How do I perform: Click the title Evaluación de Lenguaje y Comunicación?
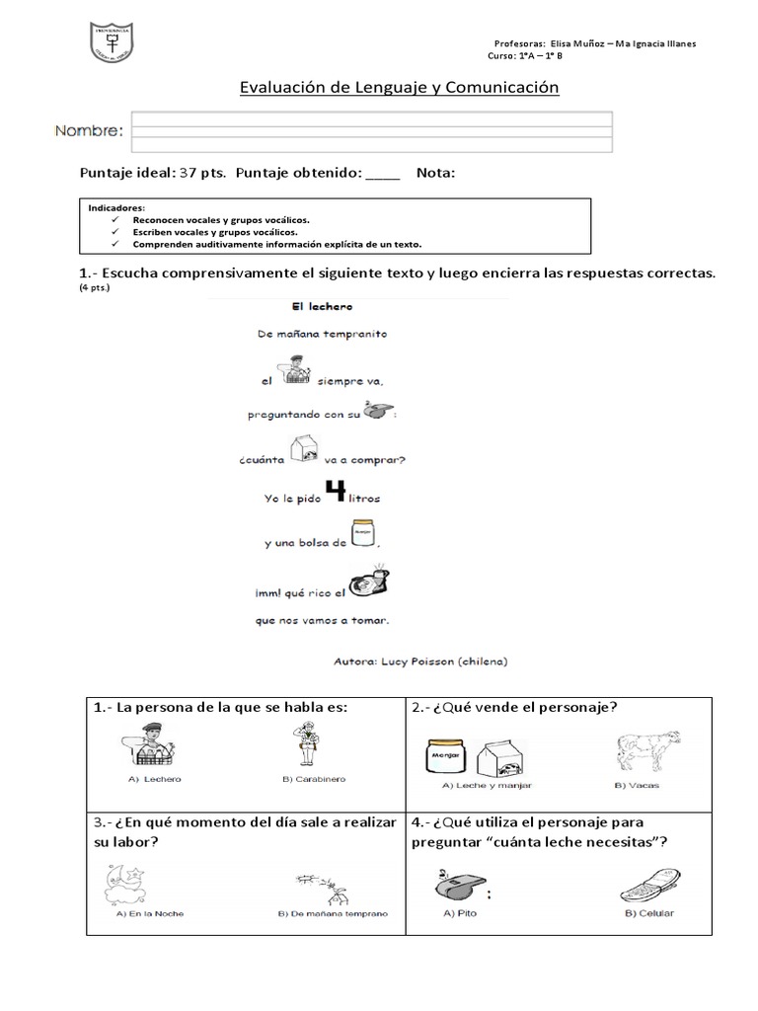[x=400, y=88]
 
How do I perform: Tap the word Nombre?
[x=89, y=131]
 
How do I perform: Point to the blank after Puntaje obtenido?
[x=383, y=174]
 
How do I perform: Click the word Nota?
[x=435, y=173]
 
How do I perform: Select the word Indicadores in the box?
[x=116, y=208]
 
